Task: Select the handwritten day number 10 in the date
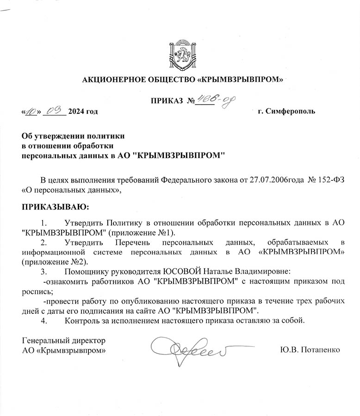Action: click(x=31, y=111)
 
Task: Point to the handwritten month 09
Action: click(x=55, y=110)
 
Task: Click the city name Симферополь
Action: click(x=290, y=111)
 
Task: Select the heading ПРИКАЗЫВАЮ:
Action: click(x=56, y=206)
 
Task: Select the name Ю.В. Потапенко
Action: click(x=310, y=350)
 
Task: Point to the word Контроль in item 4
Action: click(x=84, y=320)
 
